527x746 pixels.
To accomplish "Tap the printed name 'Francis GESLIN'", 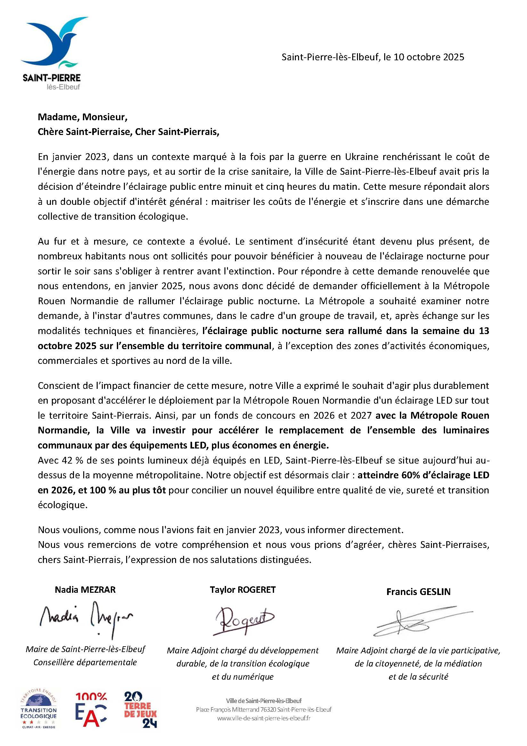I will (418, 592).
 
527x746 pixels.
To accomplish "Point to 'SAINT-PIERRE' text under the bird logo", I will (52, 78).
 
